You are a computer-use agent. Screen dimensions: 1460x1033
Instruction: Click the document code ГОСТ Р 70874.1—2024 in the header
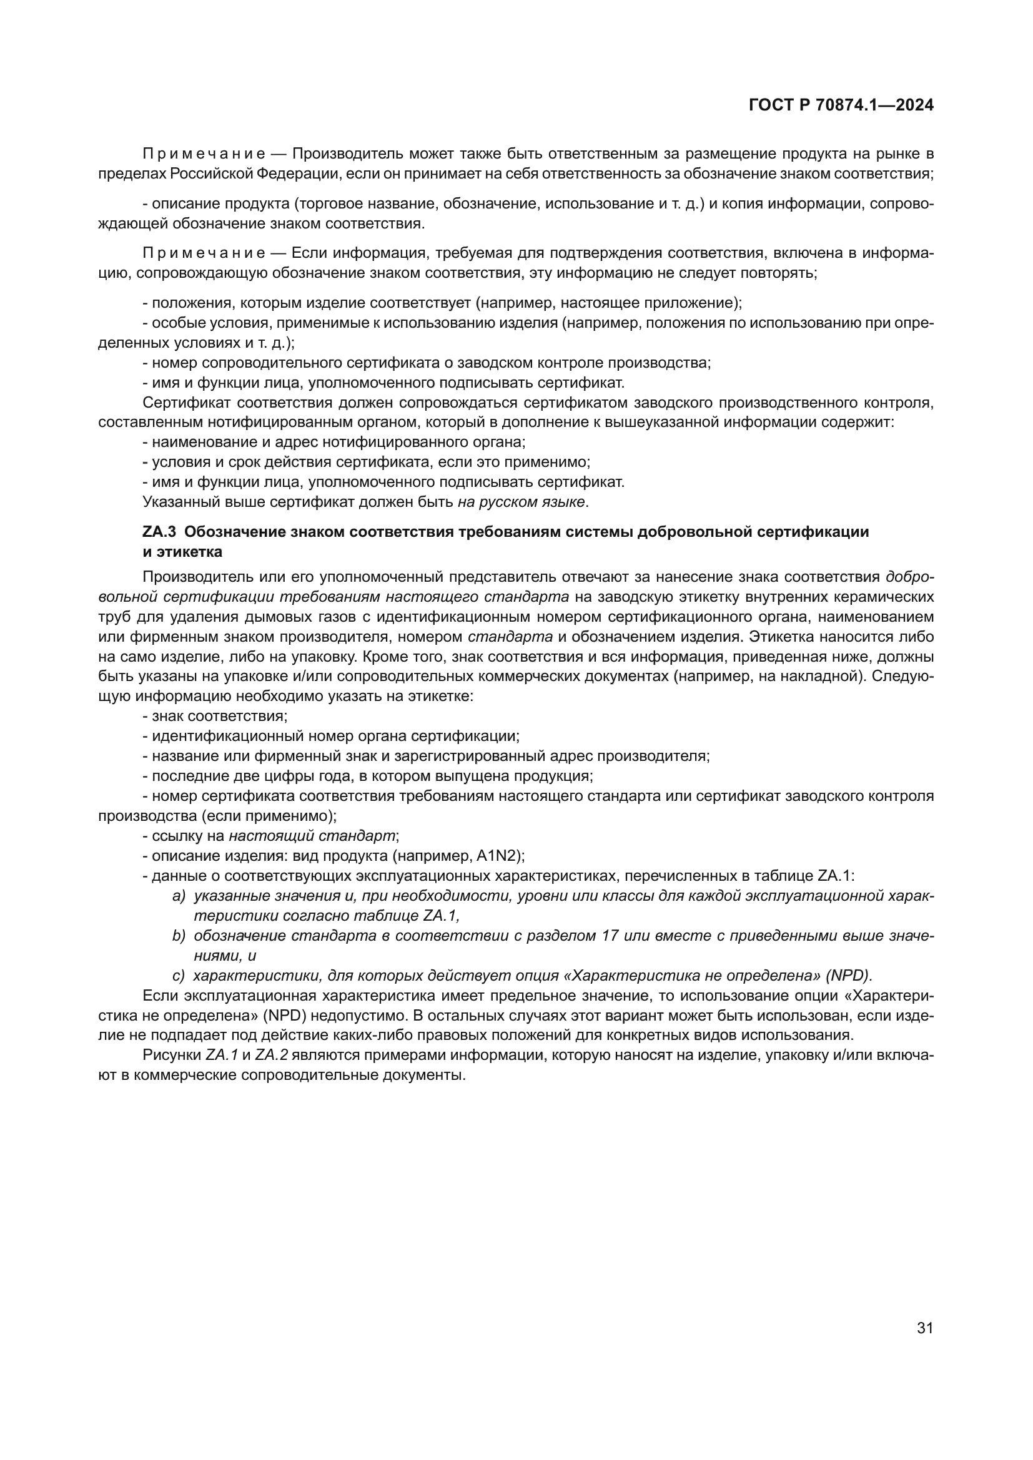click(841, 105)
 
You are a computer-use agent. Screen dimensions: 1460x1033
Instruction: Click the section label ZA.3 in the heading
click(159, 532)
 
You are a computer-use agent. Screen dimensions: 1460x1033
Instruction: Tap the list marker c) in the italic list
click(179, 976)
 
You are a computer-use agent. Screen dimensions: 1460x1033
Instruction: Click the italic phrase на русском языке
click(521, 502)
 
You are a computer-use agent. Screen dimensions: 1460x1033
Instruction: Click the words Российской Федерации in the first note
click(250, 174)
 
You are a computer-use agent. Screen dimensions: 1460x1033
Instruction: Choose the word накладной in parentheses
click(820, 676)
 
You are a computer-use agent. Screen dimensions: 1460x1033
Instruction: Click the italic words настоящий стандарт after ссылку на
click(312, 836)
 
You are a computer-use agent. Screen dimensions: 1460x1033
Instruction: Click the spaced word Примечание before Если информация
click(204, 253)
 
